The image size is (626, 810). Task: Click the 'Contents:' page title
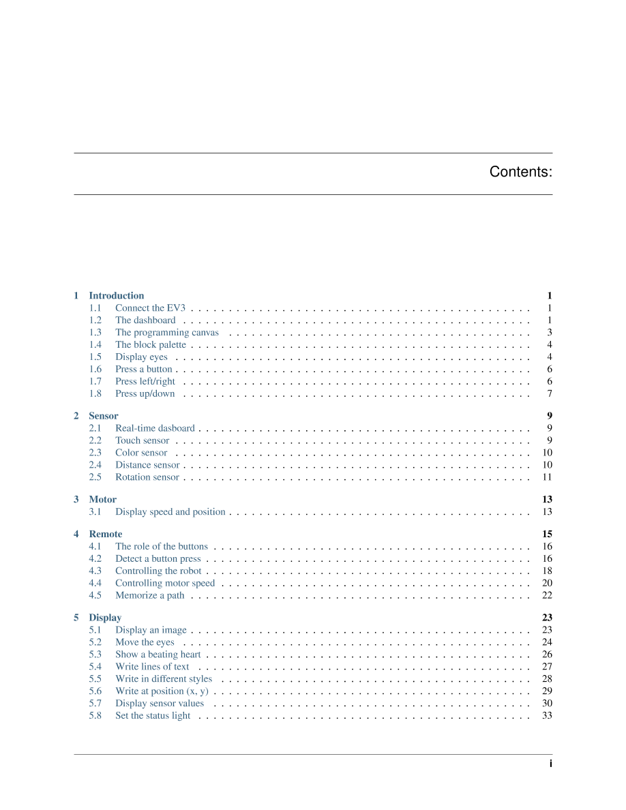(x=520, y=172)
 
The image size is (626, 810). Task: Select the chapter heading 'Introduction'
(x=116, y=296)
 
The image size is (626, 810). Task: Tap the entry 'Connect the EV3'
(x=150, y=308)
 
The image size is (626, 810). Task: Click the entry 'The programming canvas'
(x=167, y=333)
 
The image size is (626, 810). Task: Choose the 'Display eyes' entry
(x=141, y=357)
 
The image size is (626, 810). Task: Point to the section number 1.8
(x=95, y=394)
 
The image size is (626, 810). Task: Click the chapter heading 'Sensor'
(x=103, y=416)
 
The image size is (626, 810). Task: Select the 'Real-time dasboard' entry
(x=155, y=428)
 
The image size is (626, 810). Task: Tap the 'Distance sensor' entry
(x=147, y=465)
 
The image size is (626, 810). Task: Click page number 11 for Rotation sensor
(x=547, y=477)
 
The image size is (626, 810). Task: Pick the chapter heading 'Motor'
(x=102, y=500)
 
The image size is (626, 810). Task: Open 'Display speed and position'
(x=170, y=512)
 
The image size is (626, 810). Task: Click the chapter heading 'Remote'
(x=106, y=535)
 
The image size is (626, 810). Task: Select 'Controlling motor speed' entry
(x=165, y=584)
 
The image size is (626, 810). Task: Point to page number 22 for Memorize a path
(x=547, y=596)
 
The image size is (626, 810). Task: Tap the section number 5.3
(x=95, y=655)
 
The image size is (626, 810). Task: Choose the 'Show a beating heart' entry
(x=158, y=655)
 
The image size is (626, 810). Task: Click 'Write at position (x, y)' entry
(x=162, y=691)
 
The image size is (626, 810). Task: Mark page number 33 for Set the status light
(x=547, y=716)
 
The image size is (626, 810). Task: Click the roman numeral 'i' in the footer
(x=550, y=764)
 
